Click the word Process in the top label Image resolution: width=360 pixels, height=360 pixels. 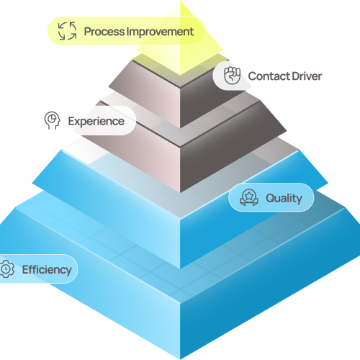pyautogui.click(x=104, y=32)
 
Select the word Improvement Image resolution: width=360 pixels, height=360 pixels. pyautogui.click(x=160, y=32)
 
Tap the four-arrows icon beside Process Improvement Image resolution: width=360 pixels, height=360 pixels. pyautogui.click(x=68, y=31)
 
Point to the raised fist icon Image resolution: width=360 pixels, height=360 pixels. pyautogui.click(x=232, y=76)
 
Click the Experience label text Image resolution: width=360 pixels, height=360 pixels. pyautogui.click(x=96, y=121)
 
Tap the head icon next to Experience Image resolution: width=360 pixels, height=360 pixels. pyautogui.click(x=52, y=120)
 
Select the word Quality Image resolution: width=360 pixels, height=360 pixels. pyautogui.click(x=284, y=198)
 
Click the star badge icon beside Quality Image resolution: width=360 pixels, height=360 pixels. pyautogui.click(x=249, y=197)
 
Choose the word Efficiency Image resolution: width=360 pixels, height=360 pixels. pyautogui.click(x=47, y=269)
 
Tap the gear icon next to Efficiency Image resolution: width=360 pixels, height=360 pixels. pyautogui.click(x=7, y=269)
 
